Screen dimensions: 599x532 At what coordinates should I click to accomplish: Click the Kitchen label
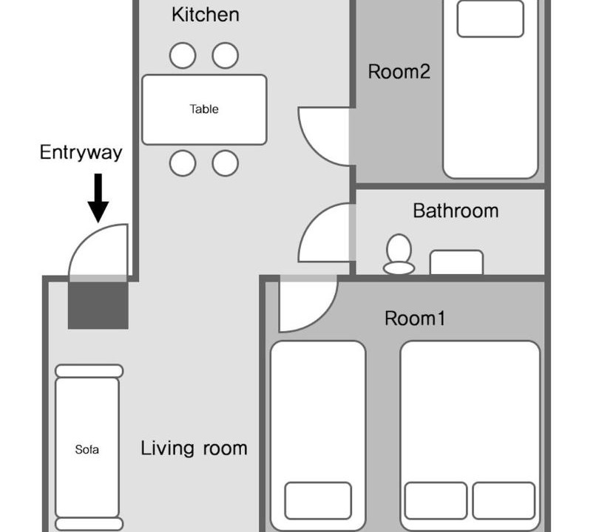click(206, 15)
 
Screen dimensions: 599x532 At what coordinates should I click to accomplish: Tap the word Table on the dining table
click(204, 109)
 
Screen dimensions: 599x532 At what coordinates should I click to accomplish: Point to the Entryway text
click(81, 153)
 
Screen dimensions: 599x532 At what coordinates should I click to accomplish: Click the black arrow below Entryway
click(98, 198)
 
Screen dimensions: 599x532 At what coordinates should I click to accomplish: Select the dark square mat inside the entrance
click(98, 305)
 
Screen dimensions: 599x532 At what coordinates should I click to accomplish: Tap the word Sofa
click(87, 449)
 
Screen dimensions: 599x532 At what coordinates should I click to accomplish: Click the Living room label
click(194, 449)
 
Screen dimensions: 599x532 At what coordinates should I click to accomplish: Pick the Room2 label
click(399, 72)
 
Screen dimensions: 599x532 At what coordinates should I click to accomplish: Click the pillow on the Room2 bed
click(490, 18)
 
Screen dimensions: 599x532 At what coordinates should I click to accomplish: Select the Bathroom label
click(456, 211)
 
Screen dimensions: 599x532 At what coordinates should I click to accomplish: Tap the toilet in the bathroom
click(399, 254)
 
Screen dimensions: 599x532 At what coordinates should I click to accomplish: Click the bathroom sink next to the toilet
click(456, 262)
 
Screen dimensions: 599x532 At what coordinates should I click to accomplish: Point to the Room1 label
click(415, 318)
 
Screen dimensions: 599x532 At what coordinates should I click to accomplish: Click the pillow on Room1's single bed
click(318, 501)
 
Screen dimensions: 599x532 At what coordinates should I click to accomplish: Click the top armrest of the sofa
click(89, 371)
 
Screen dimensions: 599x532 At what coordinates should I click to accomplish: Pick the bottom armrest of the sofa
click(89, 524)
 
